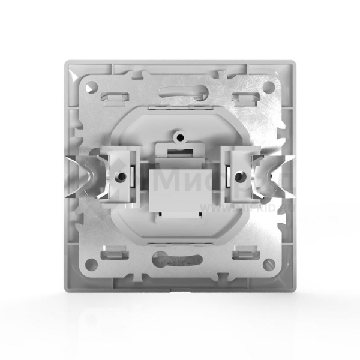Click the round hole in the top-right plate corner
269,86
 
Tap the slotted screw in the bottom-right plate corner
269,262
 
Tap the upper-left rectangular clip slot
114,95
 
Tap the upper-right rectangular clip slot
244,95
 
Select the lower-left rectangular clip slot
114,253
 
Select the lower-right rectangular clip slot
244,253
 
